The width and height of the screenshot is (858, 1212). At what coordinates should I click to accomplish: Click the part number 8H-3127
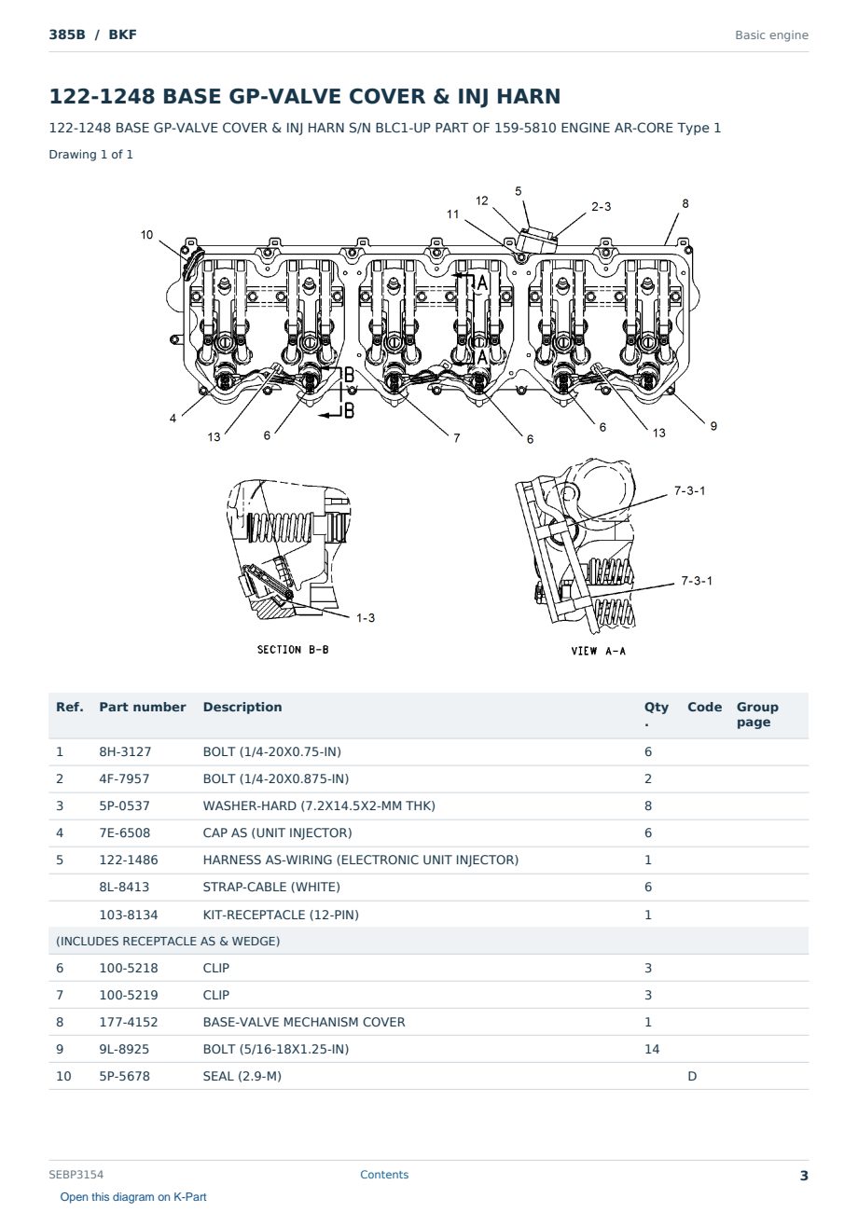[x=125, y=751]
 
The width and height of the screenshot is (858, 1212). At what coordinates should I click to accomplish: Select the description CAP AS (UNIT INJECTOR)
[x=277, y=833]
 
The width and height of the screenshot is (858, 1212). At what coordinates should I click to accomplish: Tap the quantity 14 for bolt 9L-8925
[x=652, y=1049]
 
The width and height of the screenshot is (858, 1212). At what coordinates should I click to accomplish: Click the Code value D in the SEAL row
[x=692, y=1076]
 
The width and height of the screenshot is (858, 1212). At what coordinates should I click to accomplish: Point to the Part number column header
[x=143, y=707]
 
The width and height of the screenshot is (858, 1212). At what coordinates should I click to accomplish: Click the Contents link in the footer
[x=384, y=1174]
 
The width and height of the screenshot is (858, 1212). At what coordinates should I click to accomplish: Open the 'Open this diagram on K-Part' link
[x=133, y=1196]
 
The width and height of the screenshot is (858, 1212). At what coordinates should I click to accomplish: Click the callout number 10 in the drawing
[x=146, y=235]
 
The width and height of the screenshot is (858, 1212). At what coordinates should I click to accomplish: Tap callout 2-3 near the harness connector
[x=601, y=207]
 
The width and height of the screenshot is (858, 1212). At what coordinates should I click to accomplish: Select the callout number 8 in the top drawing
[x=685, y=204]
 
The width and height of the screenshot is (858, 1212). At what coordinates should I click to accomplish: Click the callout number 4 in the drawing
[x=173, y=419]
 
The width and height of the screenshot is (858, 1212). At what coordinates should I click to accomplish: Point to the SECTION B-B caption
[x=293, y=649]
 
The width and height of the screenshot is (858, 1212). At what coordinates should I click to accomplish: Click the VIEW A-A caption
[x=598, y=651]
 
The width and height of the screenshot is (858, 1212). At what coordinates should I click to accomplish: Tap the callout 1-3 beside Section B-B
[x=366, y=618]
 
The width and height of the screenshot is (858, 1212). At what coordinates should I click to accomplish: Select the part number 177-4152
[x=129, y=1022]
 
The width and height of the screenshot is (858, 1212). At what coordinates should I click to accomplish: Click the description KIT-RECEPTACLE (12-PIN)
[x=281, y=915]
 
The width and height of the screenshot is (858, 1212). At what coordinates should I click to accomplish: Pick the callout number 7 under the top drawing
[x=457, y=438]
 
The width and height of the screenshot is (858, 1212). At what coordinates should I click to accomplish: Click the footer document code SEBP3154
[x=76, y=1174]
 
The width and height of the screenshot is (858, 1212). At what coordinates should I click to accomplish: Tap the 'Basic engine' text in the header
[x=771, y=35]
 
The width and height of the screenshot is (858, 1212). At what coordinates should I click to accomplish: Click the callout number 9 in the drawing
[x=713, y=426]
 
